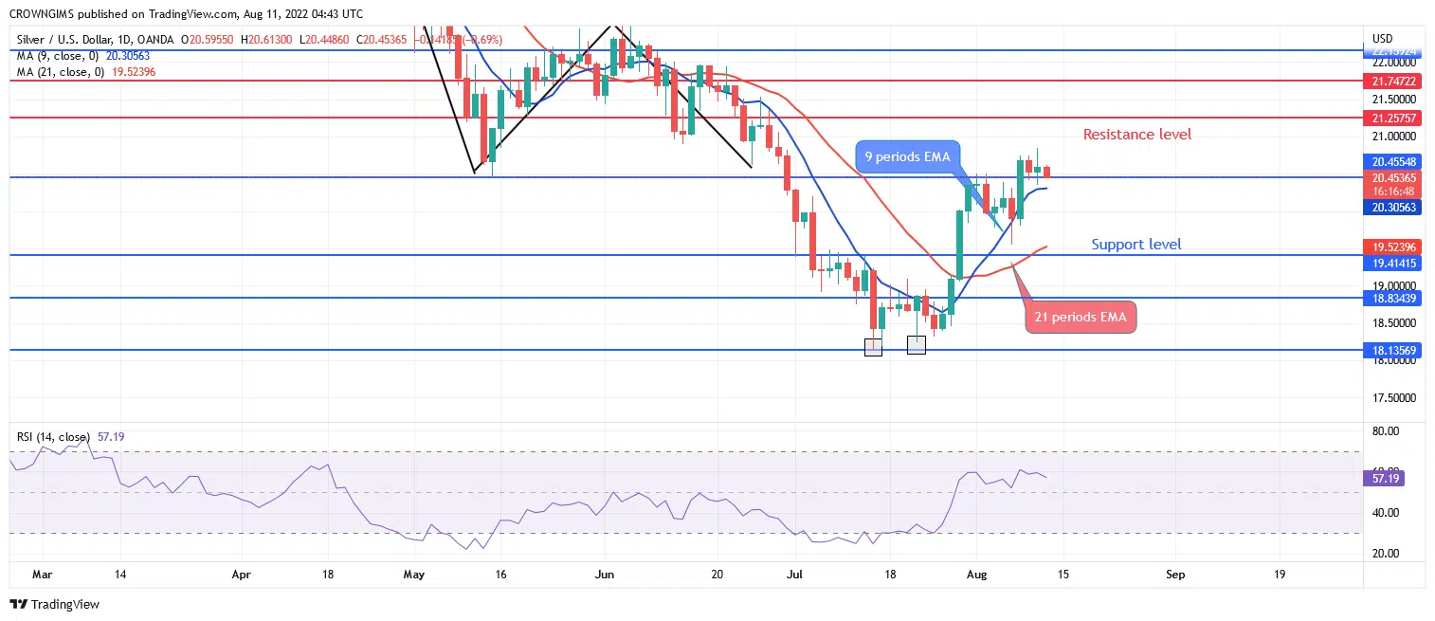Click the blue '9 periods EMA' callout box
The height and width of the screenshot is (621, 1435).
pyautogui.click(x=906, y=156)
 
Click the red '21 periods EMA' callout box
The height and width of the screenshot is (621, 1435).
pyautogui.click(x=1081, y=318)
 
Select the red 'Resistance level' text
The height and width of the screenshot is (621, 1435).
pyautogui.click(x=1137, y=135)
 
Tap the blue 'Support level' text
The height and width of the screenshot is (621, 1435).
pyautogui.click(x=1135, y=245)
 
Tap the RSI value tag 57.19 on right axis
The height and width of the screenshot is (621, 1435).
pyautogui.click(x=1388, y=479)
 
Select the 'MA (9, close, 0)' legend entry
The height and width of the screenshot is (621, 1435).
pyautogui.click(x=59, y=56)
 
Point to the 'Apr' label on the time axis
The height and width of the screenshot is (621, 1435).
pyautogui.click(x=242, y=574)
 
